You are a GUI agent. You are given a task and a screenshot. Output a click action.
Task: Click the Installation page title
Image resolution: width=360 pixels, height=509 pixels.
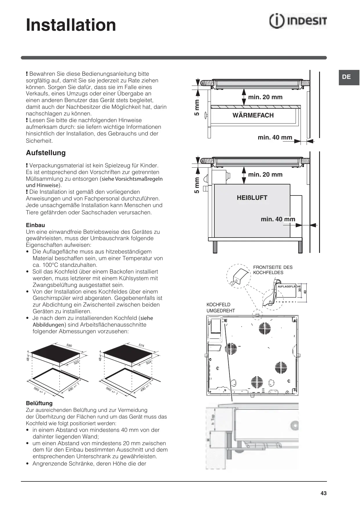tap(71, 25)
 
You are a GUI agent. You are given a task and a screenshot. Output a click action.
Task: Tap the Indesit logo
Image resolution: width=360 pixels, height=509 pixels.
tap(298, 21)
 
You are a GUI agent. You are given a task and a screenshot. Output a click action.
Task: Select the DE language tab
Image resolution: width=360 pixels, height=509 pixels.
tap(346, 77)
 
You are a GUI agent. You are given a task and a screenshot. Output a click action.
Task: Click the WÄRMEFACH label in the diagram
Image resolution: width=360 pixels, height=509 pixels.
tap(253, 115)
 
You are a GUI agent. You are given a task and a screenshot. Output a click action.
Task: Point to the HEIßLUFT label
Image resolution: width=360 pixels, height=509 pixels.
tap(252, 198)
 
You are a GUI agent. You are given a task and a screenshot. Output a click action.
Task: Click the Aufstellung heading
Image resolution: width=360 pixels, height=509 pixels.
tap(46, 153)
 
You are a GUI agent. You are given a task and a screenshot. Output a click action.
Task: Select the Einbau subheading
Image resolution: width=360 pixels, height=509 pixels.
tap(35, 225)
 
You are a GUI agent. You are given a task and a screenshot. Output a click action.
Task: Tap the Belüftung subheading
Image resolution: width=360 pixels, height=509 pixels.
tap(39, 403)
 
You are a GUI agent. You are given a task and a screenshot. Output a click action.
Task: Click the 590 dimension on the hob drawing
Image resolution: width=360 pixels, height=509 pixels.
tap(69, 345)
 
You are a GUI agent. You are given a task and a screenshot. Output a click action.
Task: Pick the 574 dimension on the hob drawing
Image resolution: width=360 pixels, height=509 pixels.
tap(141, 345)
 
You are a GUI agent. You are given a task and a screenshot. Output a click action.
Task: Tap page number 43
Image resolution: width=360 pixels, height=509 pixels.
tap(323, 493)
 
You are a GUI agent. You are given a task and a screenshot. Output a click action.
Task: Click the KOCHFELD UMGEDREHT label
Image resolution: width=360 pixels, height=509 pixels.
tap(220, 308)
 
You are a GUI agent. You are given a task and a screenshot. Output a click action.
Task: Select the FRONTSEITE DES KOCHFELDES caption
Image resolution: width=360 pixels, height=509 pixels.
tap(273, 270)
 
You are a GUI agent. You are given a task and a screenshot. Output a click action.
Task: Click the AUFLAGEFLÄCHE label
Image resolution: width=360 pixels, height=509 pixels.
tap(289, 287)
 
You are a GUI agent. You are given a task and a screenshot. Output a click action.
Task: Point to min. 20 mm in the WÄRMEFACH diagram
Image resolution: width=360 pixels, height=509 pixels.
tap(265, 97)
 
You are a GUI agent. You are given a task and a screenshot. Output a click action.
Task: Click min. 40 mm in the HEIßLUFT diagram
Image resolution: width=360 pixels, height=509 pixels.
tap(278, 219)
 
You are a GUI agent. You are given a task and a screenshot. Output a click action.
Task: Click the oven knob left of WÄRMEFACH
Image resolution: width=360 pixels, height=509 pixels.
tap(206, 115)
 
